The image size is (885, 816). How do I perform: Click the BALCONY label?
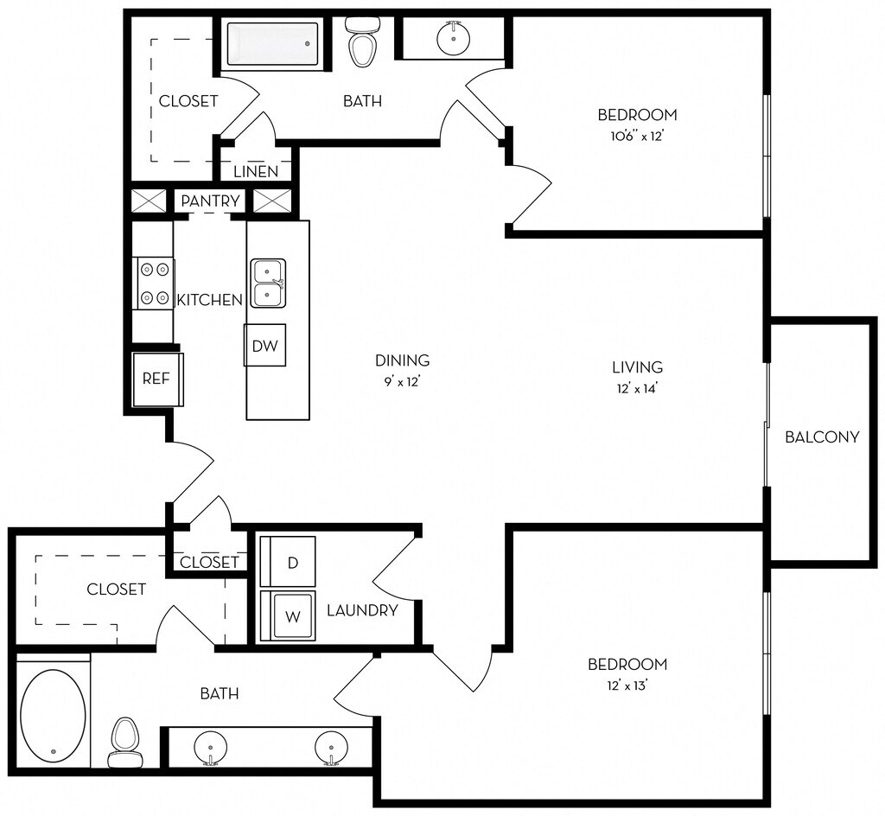pos(822,437)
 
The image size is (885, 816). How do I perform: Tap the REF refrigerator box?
pos(157,379)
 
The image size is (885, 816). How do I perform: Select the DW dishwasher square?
pos(264,345)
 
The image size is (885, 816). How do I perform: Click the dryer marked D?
pos(287,561)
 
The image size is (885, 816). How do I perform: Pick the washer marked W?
pos(287,615)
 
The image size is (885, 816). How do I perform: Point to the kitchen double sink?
pos(268,284)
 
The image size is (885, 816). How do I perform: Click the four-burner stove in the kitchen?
pos(154,284)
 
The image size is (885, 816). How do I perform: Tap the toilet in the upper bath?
pos(362,41)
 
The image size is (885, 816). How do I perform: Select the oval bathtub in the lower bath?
pos(53,715)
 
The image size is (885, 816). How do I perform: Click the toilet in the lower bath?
pos(124,742)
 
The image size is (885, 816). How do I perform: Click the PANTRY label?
pos(210,201)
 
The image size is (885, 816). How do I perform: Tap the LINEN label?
pos(256,171)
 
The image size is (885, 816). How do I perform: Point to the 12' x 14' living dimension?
pos(638,389)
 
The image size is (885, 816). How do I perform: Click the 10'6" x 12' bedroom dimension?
pos(637,137)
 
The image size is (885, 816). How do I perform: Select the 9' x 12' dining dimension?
pos(403,382)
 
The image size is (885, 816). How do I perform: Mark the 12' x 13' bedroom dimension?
pos(627,686)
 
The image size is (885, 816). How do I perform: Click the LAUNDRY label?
pos(362,610)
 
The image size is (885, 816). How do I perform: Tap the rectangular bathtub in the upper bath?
pos(272,44)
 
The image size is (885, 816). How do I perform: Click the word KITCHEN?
pos(209,300)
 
